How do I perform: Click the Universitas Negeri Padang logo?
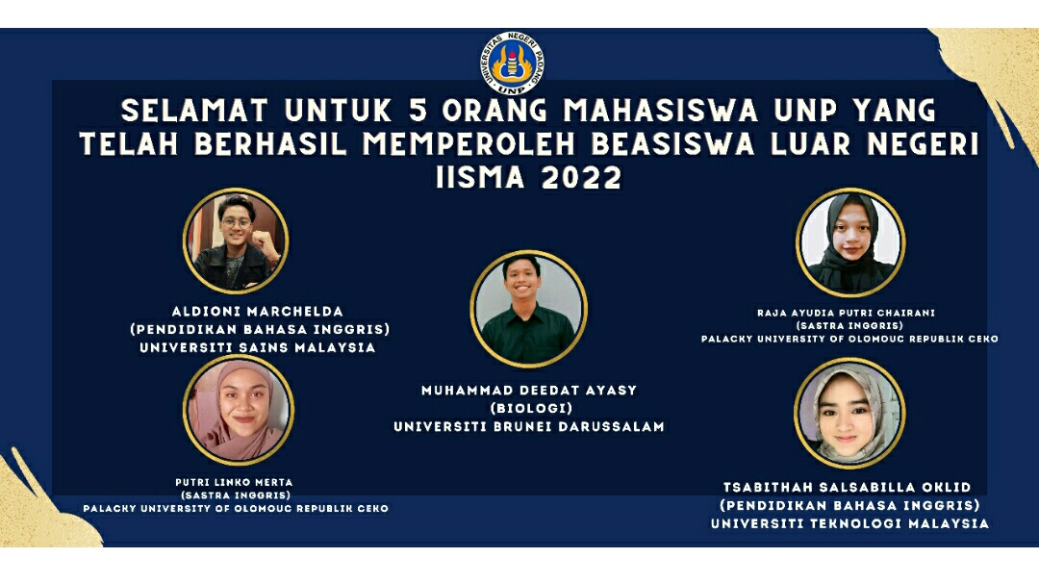512,63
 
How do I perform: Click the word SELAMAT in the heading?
194,111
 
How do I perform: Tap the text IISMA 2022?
529,178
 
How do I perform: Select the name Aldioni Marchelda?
257,312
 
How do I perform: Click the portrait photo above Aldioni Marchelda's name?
236,241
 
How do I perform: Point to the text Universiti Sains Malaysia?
257,348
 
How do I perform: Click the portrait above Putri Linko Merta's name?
239,410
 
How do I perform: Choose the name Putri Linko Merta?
234,482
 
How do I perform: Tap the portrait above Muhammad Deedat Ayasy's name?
529,309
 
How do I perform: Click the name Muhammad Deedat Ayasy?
529,391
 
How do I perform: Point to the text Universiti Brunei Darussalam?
529,426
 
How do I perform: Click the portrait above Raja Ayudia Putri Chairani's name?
850,242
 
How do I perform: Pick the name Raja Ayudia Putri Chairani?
847,313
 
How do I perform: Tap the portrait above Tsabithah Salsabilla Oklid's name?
849,413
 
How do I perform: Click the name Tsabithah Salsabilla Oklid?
848,488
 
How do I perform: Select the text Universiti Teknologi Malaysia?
849,523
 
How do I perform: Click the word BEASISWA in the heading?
672,144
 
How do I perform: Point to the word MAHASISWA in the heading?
661,111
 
